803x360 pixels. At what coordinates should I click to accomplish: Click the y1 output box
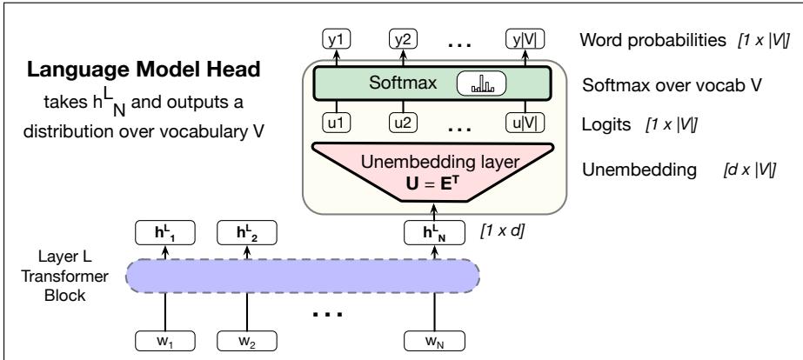(336, 39)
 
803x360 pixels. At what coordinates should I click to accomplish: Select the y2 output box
(403, 39)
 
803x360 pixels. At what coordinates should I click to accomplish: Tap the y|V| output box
(525, 39)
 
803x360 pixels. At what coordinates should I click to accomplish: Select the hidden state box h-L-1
(165, 232)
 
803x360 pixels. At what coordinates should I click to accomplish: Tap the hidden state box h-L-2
(247, 232)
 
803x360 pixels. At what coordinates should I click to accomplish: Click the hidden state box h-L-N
(435, 232)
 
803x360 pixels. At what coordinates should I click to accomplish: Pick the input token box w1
(165, 342)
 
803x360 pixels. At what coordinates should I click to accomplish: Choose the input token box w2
(247, 342)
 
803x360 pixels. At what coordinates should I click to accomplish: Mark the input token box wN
(435, 342)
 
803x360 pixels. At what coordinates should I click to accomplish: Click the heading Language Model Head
(144, 70)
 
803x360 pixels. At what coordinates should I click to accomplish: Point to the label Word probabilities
(653, 40)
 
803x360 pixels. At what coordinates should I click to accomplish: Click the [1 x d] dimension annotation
(502, 231)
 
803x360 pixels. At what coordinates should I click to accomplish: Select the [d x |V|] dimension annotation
(749, 170)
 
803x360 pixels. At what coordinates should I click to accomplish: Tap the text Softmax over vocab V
(672, 85)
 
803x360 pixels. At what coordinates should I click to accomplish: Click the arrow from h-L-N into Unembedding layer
(434, 211)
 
